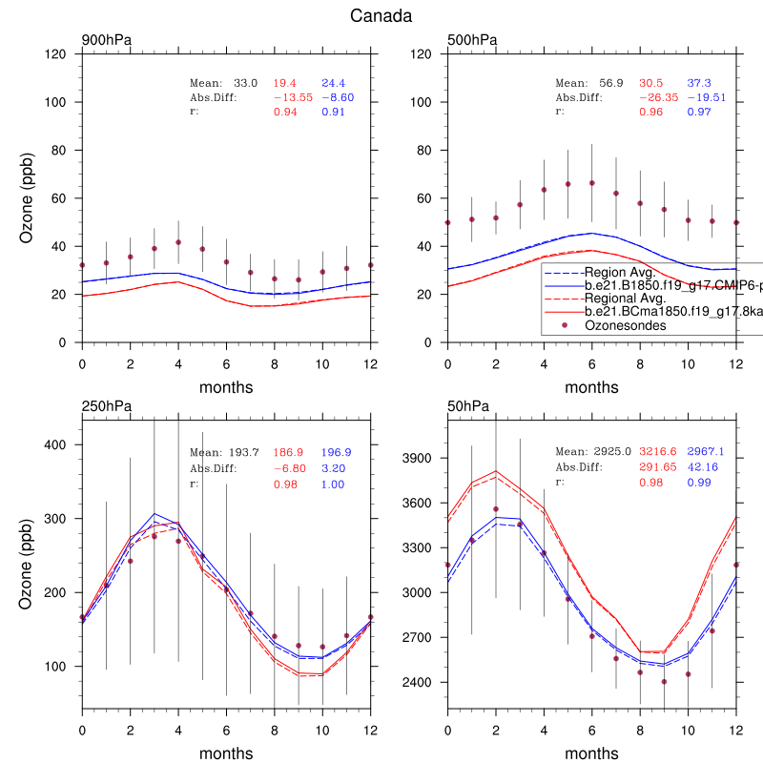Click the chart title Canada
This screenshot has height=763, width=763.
(381, 16)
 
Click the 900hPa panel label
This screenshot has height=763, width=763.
(107, 40)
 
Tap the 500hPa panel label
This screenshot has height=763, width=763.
(472, 40)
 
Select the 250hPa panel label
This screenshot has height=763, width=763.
(107, 406)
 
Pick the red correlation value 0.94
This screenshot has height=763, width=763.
(286, 112)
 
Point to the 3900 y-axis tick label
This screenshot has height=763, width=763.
(424, 459)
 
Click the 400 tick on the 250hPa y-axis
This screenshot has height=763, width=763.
(59, 444)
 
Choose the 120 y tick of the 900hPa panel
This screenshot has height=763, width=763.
(59, 54)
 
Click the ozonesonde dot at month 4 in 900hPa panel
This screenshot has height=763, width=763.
(178, 242)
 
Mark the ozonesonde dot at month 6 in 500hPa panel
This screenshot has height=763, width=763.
(592, 183)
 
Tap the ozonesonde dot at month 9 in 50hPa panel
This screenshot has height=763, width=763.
(665, 681)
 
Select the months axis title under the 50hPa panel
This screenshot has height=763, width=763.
(592, 753)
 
